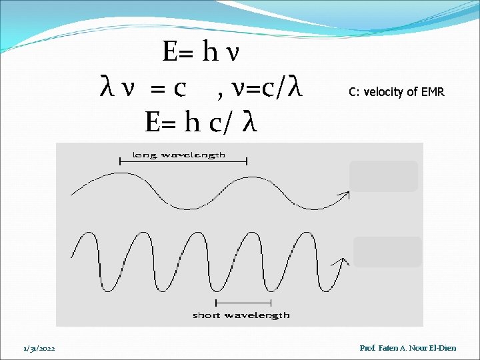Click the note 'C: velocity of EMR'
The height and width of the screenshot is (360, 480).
(x=396, y=92)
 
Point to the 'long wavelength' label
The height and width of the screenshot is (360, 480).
(x=179, y=155)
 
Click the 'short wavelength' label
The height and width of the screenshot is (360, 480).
(x=241, y=315)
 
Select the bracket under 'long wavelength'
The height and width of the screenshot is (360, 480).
(x=183, y=161)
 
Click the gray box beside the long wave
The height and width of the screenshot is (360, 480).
(x=384, y=176)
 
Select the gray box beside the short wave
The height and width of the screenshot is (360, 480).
(x=387, y=252)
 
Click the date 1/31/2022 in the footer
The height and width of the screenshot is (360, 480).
(x=39, y=348)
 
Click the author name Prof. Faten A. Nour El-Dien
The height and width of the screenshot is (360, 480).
(x=408, y=348)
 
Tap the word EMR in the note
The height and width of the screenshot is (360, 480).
(x=433, y=92)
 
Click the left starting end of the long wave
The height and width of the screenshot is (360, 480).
(x=73, y=194)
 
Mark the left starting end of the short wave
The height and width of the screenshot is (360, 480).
(x=73, y=256)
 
